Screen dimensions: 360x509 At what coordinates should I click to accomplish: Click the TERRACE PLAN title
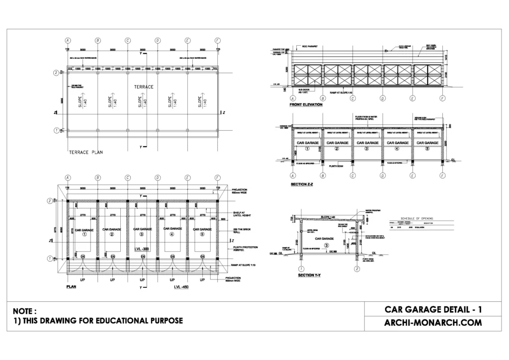[85, 152]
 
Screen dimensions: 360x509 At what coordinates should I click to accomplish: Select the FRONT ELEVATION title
[306, 105]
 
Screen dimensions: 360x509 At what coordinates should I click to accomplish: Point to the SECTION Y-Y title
[309, 274]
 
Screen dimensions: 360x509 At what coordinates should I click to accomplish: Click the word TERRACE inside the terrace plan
[143, 87]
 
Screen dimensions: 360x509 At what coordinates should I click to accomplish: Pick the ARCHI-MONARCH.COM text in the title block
[433, 322]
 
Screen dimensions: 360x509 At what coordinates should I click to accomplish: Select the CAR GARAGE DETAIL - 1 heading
[433, 309]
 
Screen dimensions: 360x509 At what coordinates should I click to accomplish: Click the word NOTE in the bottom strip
[25, 310]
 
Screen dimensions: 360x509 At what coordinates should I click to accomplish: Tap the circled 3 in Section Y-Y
[326, 245]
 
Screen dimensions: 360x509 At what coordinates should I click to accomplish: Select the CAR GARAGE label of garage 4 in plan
[172, 229]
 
